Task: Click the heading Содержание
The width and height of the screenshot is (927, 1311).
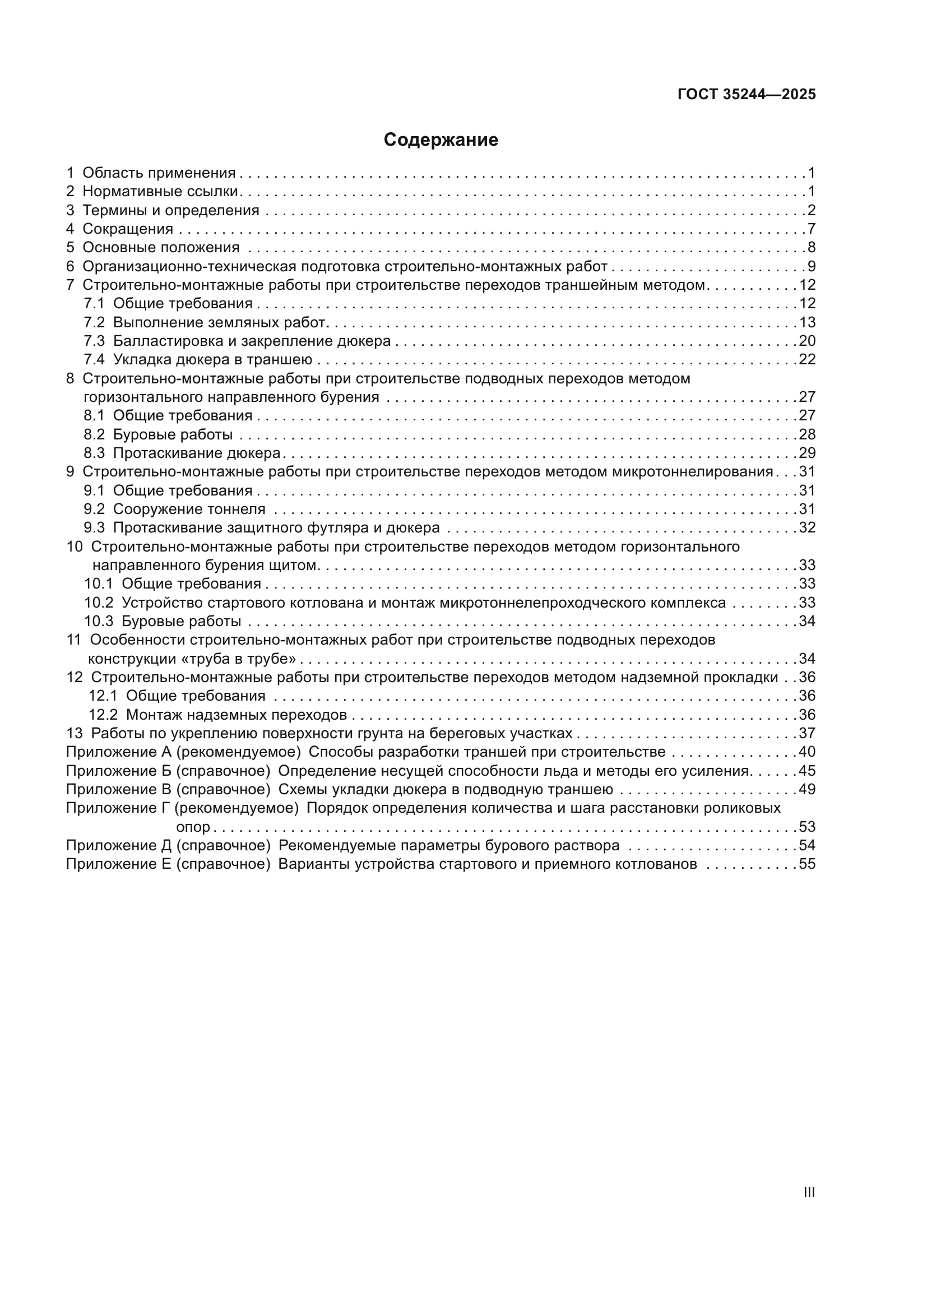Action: (441, 140)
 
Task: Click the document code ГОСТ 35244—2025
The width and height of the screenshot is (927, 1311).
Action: (746, 95)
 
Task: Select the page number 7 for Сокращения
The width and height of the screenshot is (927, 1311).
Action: (811, 229)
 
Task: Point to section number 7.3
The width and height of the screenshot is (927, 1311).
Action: (94, 341)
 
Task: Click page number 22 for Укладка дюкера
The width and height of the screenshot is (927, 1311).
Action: (807, 359)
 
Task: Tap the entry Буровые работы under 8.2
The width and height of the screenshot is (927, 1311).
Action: (173, 434)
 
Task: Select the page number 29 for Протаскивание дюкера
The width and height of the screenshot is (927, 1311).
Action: (807, 453)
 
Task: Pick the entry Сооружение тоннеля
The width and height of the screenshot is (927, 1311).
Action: (189, 509)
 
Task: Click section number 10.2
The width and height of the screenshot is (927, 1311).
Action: (99, 603)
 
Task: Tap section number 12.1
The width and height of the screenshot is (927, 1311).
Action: (103, 696)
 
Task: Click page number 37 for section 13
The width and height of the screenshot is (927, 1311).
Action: (807, 733)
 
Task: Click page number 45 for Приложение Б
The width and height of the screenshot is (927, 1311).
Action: (807, 771)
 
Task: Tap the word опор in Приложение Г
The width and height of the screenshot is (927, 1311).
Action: (193, 827)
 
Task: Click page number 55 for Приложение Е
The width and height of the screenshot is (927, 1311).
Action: (807, 864)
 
